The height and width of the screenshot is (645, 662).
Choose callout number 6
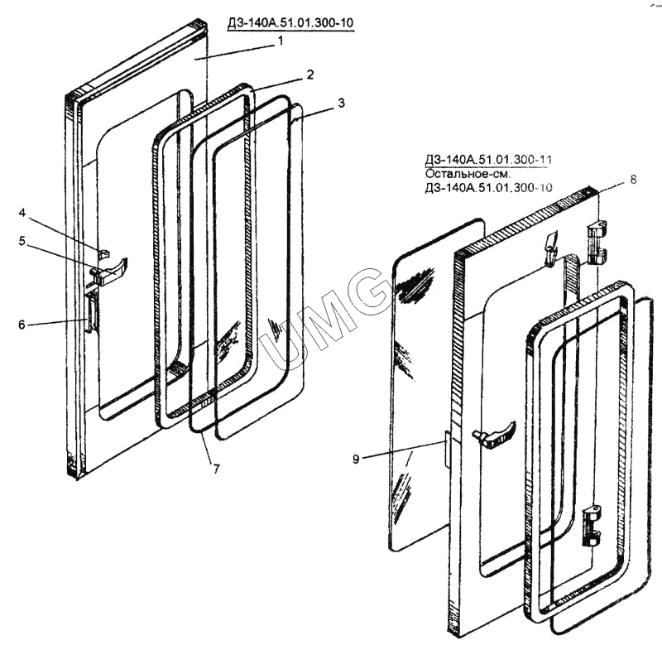pos(22,325)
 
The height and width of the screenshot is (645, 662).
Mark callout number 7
pos(216,469)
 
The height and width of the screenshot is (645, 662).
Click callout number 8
pos(632,179)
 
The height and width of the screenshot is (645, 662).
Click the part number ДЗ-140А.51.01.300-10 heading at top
pos(289,22)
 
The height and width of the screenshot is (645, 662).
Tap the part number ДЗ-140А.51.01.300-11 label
pos(491,162)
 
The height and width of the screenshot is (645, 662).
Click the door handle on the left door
pos(111,269)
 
